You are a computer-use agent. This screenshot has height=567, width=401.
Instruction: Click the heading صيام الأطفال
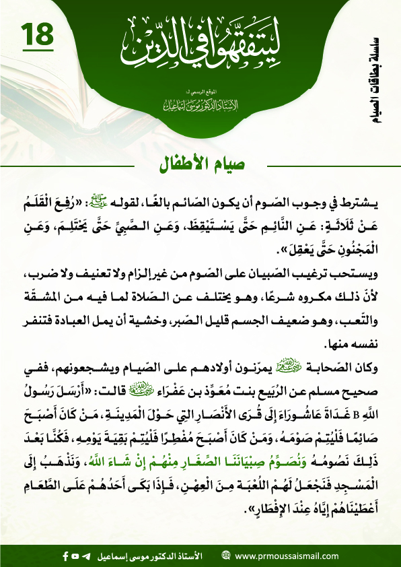tap(200, 164)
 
